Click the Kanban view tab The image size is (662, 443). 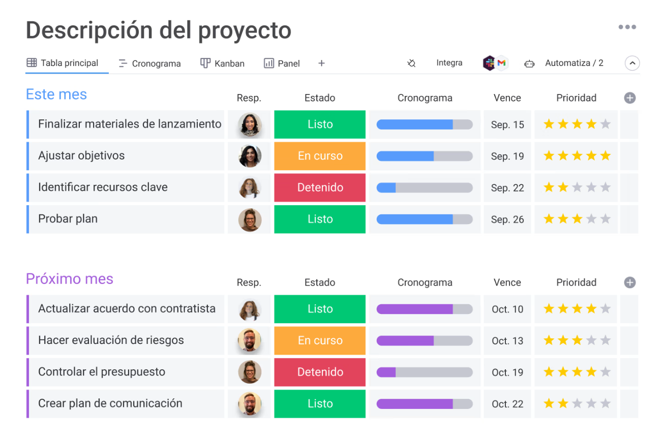point(223,64)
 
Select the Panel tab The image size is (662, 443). point(282,64)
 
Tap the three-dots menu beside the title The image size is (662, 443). point(627,27)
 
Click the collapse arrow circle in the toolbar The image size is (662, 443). point(632,64)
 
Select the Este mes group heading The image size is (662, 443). point(56,94)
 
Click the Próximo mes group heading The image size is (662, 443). point(70,279)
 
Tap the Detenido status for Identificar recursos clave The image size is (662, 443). point(320,187)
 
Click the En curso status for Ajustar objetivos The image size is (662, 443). point(320,156)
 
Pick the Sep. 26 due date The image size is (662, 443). point(507,219)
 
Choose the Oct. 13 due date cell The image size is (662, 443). point(507,341)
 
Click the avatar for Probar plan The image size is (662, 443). point(250,219)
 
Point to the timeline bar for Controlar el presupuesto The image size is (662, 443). point(424,372)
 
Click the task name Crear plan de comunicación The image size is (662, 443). point(110,403)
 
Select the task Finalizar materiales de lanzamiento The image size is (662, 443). point(130,124)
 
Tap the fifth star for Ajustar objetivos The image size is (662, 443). point(605,156)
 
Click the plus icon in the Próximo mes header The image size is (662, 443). point(629,282)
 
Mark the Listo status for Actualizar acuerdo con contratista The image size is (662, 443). point(320,309)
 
